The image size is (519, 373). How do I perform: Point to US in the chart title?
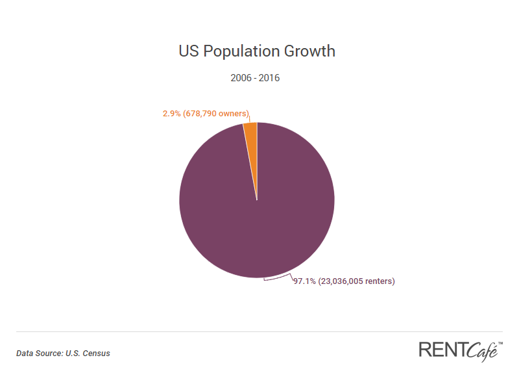point(189,51)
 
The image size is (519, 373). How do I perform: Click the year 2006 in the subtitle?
point(241,78)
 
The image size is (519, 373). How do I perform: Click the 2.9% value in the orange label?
point(171,114)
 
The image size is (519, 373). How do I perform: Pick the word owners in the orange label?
point(234,114)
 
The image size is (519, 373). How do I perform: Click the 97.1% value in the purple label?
point(304,281)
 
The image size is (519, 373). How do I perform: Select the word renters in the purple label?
point(380,281)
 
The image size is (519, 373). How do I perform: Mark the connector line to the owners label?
point(250,118)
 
